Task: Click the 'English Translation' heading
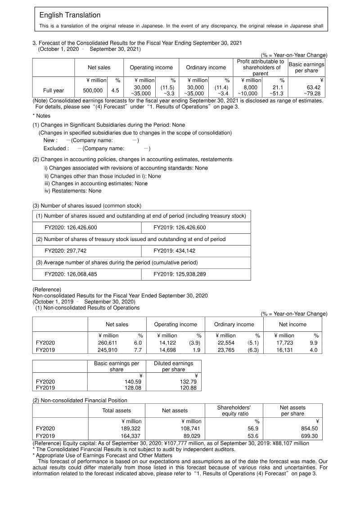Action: pyautogui.click(x=70, y=15)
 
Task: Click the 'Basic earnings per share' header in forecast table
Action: pyautogui.click(x=306, y=67)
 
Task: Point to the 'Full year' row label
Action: pyautogui.click(x=53, y=90)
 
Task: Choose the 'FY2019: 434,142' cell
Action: pyautogui.click(x=174, y=251)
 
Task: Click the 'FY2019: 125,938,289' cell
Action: pyautogui.click(x=180, y=274)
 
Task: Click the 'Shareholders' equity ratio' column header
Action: pyautogui.click(x=234, y=411)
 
